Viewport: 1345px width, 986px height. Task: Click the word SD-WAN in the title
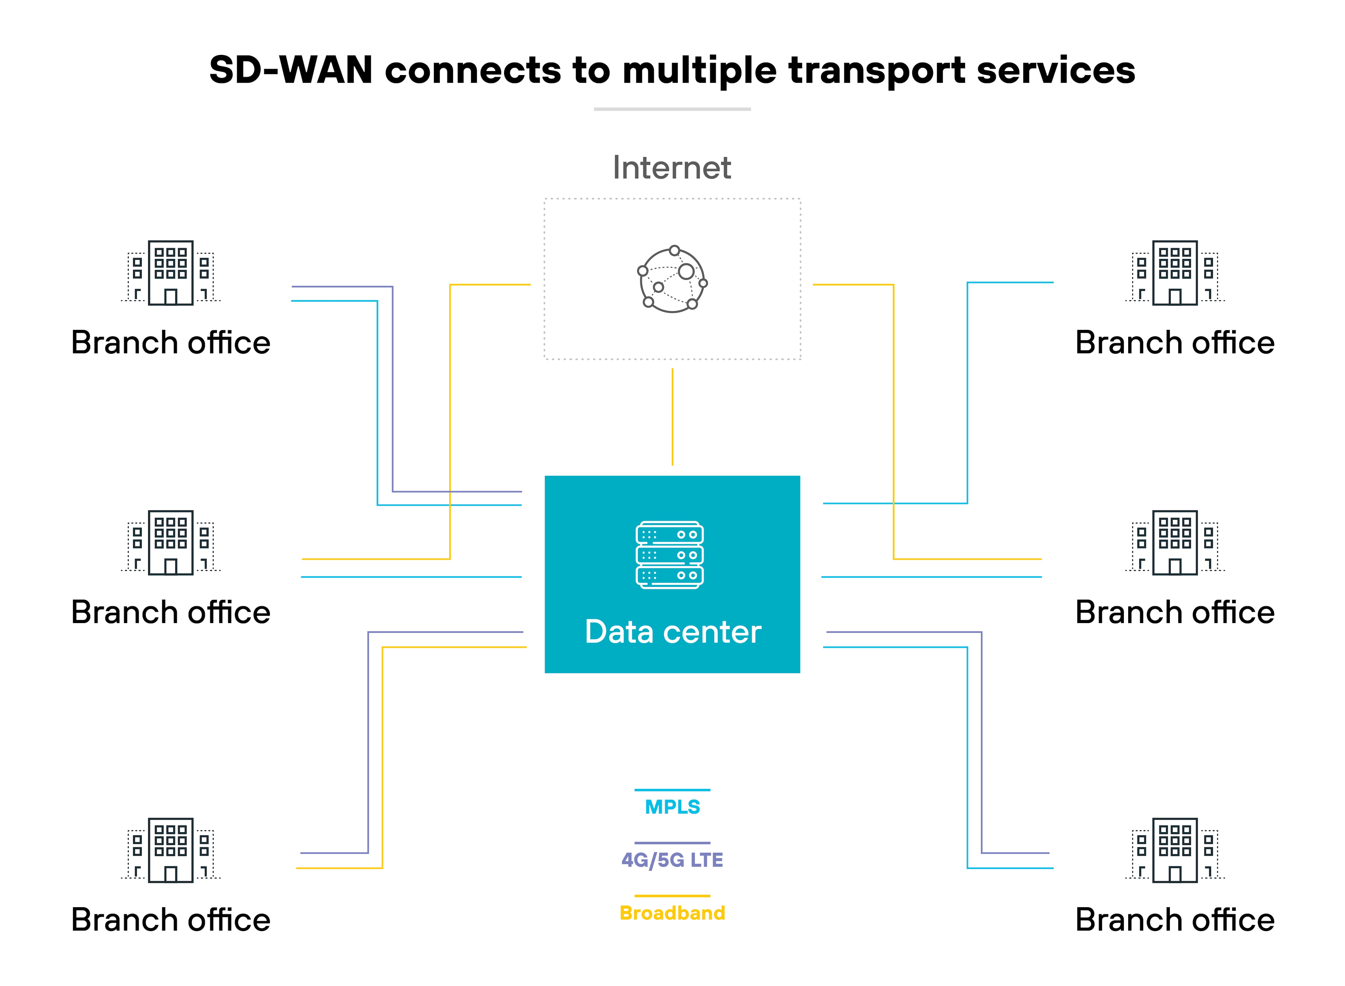291,70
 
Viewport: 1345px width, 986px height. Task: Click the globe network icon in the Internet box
672,279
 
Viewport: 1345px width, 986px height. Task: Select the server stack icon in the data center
670,555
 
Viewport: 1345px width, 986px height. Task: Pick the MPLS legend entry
672,806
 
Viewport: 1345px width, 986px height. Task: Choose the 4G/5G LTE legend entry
672,860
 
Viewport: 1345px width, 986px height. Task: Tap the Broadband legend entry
672,913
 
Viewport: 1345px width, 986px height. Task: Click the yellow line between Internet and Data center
672,417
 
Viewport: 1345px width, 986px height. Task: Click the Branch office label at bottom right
1175,920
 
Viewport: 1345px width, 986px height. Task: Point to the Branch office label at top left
171,342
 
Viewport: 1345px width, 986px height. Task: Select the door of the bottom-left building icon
171,874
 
